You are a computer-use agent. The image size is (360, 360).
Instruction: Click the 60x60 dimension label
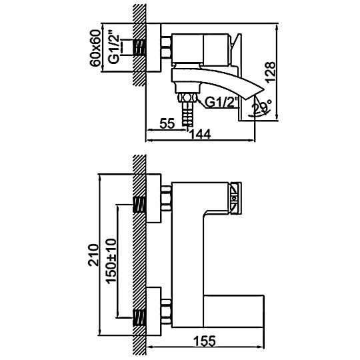coord(96,48)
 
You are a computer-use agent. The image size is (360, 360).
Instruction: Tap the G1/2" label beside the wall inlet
coord(114,49)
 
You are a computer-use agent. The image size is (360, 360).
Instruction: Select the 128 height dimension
coord(270,71)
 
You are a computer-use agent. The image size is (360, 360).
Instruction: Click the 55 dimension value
coord(167,124)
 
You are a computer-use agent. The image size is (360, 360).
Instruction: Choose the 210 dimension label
coord(93,255)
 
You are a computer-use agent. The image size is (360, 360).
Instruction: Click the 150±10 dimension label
coord(112,261)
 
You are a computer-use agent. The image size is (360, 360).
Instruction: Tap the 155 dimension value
coord(205,341)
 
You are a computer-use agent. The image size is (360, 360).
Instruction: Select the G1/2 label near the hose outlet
coord(221,103)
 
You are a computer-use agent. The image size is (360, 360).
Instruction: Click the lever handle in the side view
coord(235,50)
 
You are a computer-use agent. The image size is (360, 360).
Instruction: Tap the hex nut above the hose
coord(187,97)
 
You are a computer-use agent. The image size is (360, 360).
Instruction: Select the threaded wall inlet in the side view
coord(139,47)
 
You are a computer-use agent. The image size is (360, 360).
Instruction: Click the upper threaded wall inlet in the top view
coord(139,205)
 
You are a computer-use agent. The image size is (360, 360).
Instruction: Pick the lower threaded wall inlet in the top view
coord(139,317)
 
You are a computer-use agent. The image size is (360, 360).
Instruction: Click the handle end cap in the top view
coord(235,199)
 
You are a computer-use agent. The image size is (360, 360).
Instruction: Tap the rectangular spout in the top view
coord(233,311)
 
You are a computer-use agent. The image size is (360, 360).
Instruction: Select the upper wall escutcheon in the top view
coord(153,198)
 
